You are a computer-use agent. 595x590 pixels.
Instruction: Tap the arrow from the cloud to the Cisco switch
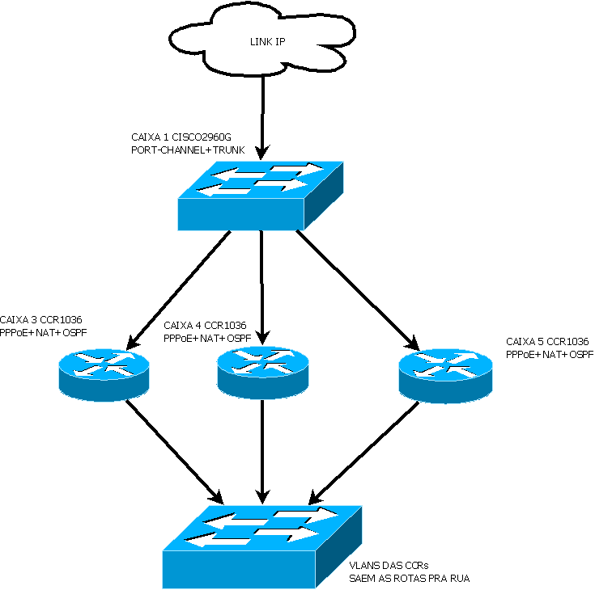pos(261,113)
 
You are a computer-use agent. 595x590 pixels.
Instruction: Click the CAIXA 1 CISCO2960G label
pos(186,137)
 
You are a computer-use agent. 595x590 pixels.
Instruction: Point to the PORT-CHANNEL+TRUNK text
pos(187,150)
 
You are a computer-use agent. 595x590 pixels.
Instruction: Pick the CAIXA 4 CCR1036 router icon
pos(260,372)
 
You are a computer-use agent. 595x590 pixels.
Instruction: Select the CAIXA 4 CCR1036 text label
pos(205,326)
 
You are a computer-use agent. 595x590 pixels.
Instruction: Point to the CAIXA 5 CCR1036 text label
pos(547,343)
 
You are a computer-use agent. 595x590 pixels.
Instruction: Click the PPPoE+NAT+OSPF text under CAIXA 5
pos(549,355)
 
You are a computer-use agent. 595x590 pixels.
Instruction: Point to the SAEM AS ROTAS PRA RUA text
pos(409,579)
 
